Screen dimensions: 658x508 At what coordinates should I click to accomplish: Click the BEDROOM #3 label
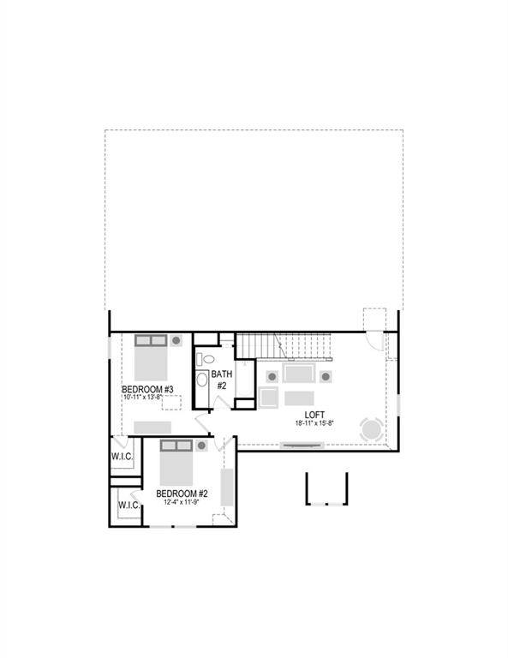148,390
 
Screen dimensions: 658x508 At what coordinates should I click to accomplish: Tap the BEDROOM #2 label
182,493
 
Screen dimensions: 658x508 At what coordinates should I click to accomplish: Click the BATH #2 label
221,380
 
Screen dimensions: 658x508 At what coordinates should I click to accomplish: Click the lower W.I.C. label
129,505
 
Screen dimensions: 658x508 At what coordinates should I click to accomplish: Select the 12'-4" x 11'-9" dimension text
182,503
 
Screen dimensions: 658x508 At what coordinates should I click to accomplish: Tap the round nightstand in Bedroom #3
176,340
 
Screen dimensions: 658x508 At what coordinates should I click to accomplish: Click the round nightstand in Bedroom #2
202,446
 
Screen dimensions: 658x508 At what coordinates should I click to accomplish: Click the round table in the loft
372,428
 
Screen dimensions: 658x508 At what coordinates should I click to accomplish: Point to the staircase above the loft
282,346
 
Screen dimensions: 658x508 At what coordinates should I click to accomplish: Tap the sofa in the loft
299,374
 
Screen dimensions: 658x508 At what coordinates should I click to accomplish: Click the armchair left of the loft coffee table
268,398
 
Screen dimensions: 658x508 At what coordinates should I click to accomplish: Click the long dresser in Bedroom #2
227,486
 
